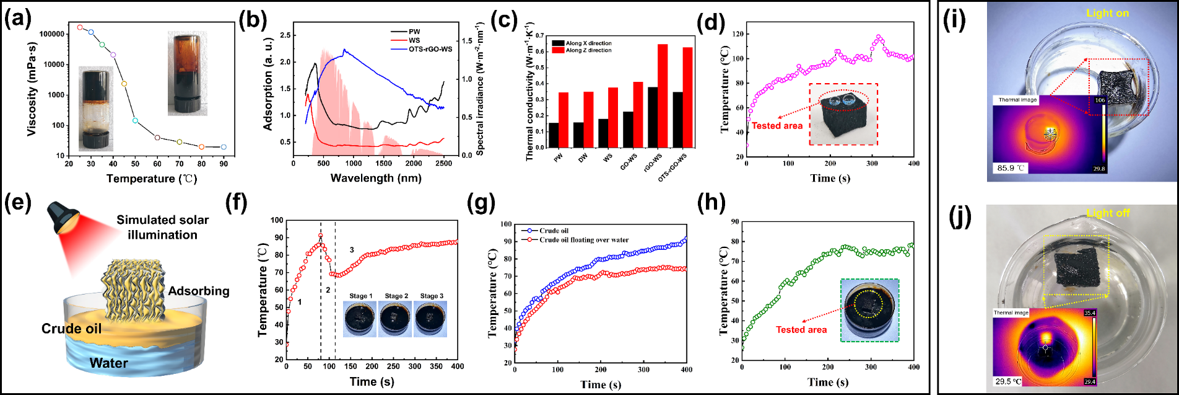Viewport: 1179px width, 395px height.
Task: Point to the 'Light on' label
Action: pos(1108,13)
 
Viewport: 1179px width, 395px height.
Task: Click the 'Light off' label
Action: pos(1108,213)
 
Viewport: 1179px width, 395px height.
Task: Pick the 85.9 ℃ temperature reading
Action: pos(1010,167)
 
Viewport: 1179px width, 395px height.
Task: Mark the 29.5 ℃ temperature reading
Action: pos(1008,381)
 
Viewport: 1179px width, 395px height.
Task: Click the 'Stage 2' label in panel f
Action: pos(396,296)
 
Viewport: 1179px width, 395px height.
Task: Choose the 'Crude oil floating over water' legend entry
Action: pos(584,240)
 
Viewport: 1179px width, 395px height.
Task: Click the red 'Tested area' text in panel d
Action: pos(777,126)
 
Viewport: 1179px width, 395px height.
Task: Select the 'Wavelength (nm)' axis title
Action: pos(376,179)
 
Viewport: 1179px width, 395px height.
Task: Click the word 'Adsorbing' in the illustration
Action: pos(199,291)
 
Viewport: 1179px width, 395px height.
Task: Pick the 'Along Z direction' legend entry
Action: pos(588,50)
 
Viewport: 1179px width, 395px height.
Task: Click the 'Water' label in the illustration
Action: pos(108,363)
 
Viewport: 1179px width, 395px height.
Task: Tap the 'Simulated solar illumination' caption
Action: pos(163,227)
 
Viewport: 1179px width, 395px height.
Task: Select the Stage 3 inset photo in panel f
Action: pos(431,319)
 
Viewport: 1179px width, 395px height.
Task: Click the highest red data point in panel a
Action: pos(80,27)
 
